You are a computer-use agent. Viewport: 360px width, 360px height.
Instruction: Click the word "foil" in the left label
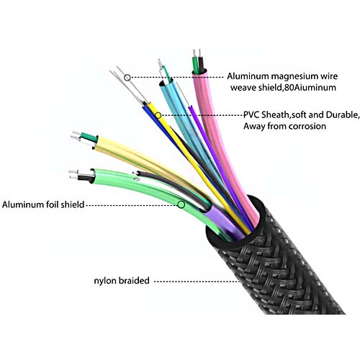[x=53, y=204]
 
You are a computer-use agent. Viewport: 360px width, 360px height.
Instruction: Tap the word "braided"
[x=134, y=280]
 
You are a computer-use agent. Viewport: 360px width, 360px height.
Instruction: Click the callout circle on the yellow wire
[x=158, y=116]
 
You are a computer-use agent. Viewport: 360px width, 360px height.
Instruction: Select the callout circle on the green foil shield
[x=181, y=204]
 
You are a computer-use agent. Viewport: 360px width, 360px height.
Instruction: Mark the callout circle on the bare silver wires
[x=127, y=78]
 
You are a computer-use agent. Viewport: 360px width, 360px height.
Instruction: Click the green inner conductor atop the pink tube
[x=196, y=66]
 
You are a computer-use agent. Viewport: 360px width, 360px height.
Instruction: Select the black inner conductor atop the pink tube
[x=201, y=65]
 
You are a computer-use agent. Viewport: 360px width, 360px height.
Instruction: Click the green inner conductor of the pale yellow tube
[x=89, y=137]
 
